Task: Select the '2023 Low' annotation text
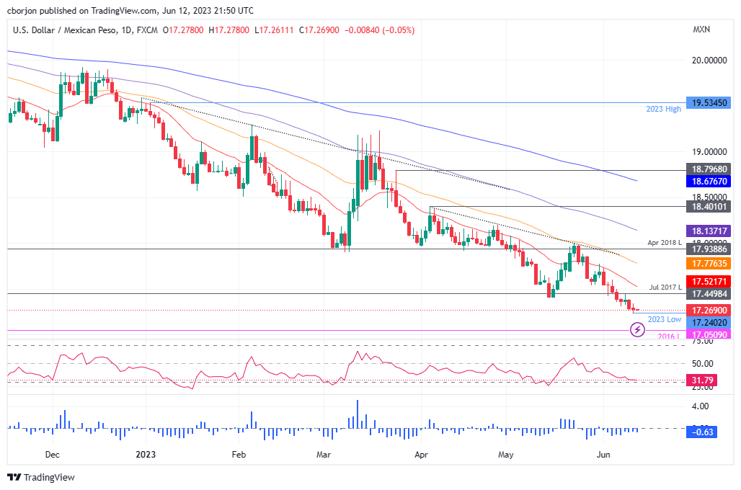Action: pyautogui.click(x=665, y=319)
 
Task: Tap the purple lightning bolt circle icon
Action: pyautogui.click(x=637, y=329)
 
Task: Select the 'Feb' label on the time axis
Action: pyautogui.click(x=239, y=455)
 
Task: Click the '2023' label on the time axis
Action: pyautogui.click(x=146, y=455)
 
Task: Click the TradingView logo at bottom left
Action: pyautogui.click(x=41, y=477)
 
